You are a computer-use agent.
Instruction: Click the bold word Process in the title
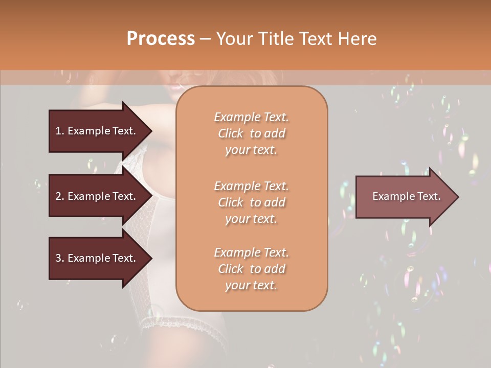tap(161, 39)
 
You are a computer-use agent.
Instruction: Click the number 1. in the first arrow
tap(60, 131)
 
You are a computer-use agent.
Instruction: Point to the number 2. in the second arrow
tap(60, 196)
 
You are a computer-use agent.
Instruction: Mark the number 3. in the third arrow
tap(60, 258)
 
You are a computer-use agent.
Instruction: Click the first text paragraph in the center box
tap(251, 133)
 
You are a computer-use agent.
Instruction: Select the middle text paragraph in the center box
tap(251, 202)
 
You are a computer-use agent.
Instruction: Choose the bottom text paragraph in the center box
tap(251, 269)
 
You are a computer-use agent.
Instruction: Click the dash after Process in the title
tap(205, 39)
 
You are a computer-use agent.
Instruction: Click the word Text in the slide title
tap(318, 39)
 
